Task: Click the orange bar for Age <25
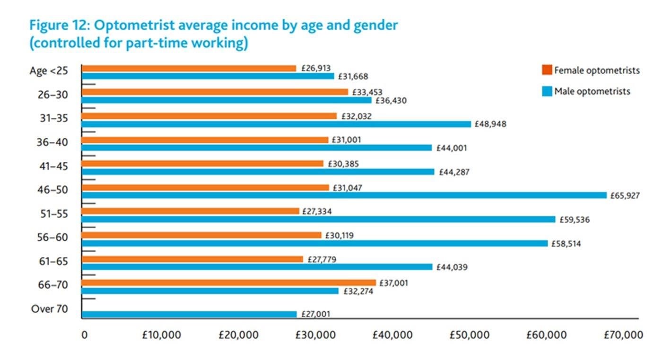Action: [189, 69]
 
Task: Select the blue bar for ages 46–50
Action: [344, 195]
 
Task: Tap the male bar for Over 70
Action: [189, 314]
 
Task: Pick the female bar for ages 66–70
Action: [228, 283]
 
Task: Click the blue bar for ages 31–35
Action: [276, 124]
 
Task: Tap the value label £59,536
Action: [575, 220]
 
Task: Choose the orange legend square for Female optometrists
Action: [547, 70]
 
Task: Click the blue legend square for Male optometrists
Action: [547, 91]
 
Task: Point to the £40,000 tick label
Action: [393, 335]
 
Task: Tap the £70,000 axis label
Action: [623, 335]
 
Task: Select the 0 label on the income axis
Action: [84, 335]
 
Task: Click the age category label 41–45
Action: [53, 166]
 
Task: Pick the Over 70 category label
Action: [50, 309]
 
